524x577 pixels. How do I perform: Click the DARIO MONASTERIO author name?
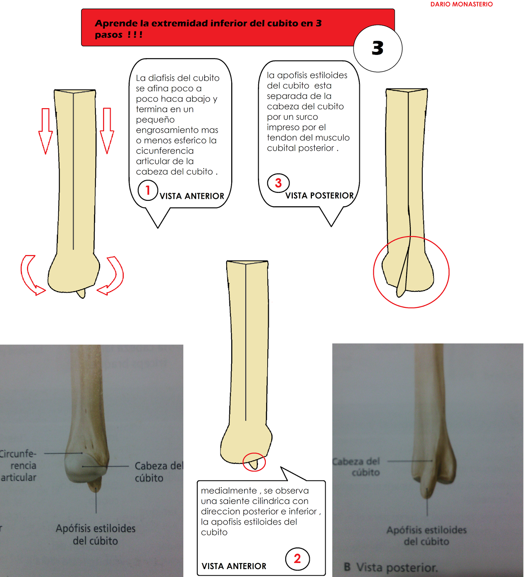(461, 4)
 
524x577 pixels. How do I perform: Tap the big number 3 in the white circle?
(377, 48)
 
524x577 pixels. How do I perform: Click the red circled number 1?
(148, 190)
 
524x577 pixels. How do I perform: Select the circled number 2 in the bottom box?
(297, 559)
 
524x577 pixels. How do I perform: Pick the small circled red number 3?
(278, 183)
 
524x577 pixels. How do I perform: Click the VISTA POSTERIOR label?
(319, 195)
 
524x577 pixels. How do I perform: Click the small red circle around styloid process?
(254, 462)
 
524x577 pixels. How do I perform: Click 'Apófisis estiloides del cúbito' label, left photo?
(95, 534)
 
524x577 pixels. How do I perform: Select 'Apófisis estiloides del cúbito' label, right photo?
(426, 536)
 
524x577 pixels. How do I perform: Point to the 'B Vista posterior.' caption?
(391, 567)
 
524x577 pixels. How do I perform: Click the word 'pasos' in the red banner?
(108, 35)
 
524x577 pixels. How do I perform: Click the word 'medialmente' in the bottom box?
(229, 491)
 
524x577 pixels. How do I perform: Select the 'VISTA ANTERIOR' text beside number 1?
(192, 196)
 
